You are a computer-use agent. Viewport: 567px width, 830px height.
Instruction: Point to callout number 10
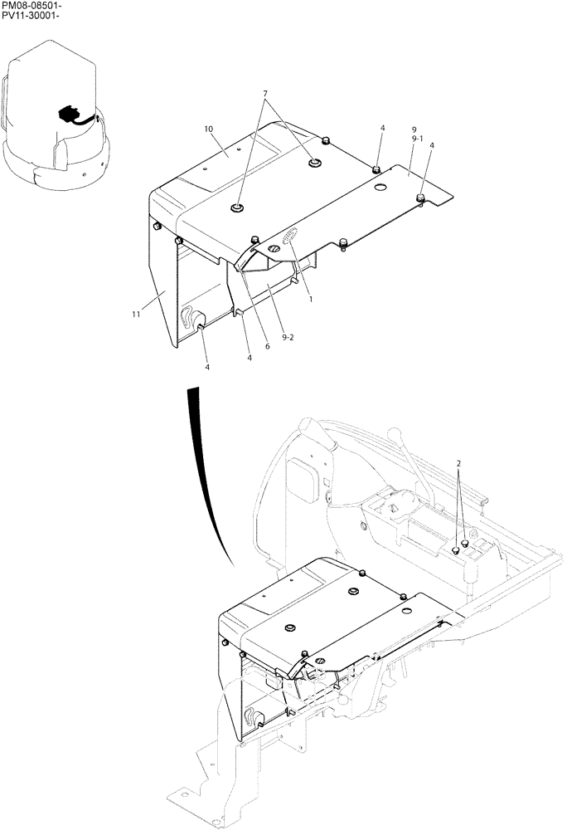[208, 129]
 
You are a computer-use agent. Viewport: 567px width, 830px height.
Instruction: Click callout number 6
[267, 346]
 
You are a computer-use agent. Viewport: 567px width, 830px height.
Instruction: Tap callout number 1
[311, 299]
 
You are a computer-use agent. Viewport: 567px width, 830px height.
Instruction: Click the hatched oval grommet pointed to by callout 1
[291, 238]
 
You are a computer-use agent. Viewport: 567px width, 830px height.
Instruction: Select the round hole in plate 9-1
[381, 188]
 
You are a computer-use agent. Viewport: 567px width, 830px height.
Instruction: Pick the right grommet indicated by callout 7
[315, 164]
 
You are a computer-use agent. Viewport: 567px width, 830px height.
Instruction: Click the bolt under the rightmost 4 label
[420, 198]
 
